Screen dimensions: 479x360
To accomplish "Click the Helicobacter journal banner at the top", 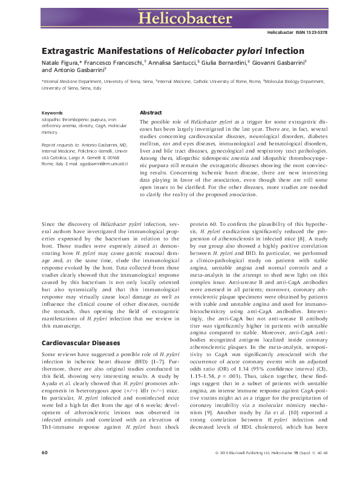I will click(x=180, y=16).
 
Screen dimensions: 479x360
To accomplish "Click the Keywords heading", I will click(x=52, y=113).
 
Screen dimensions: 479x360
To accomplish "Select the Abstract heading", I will click(x=151, y=113).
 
